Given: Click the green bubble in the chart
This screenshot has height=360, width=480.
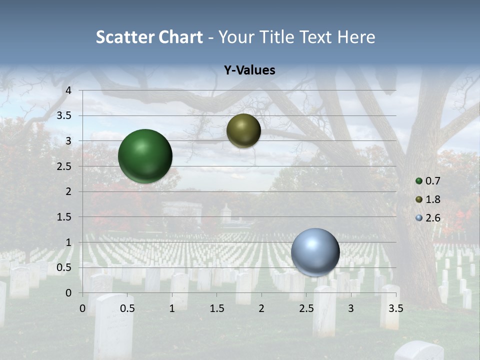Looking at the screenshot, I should pyautogui.click(x=145, y=156).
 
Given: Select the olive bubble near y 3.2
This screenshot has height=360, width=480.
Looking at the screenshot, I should pyautogui.click(x=243, y=130).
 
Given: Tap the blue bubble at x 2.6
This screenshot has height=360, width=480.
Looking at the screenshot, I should pyautogui.click(x=315, y=252).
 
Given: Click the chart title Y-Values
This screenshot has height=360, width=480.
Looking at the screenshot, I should pyautogui.click(x=249, y=70).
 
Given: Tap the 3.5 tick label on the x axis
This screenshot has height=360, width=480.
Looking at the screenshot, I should pyautogui.click(x=395, y=308).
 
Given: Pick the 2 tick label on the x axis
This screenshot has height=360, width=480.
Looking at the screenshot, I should pyautogui.click(x=261, y=308).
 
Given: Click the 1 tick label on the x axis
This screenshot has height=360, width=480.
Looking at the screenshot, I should pyautogui.click(x=172, y=308).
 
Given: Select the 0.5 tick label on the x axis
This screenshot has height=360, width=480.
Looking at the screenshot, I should pyautogui.click(x=127, y=308).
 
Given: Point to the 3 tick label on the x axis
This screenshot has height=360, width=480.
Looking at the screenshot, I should pyautogui.click(x=350, y=308).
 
